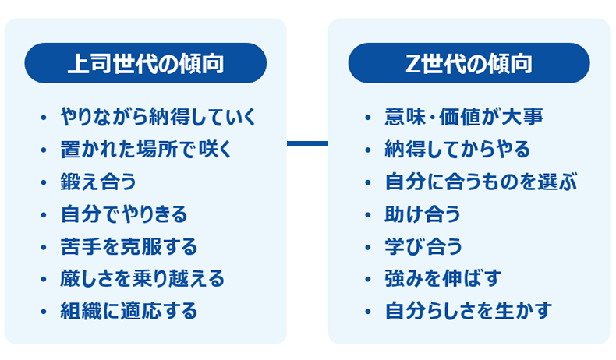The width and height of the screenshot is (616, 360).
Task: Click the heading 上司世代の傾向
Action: point(146,63)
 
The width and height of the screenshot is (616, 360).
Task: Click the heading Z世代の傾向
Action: point(469,63)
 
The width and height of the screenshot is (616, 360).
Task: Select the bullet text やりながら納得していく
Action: point(158,118)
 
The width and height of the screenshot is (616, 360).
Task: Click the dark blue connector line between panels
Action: point(307,143)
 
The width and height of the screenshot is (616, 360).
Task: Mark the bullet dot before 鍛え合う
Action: point(44,183)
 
